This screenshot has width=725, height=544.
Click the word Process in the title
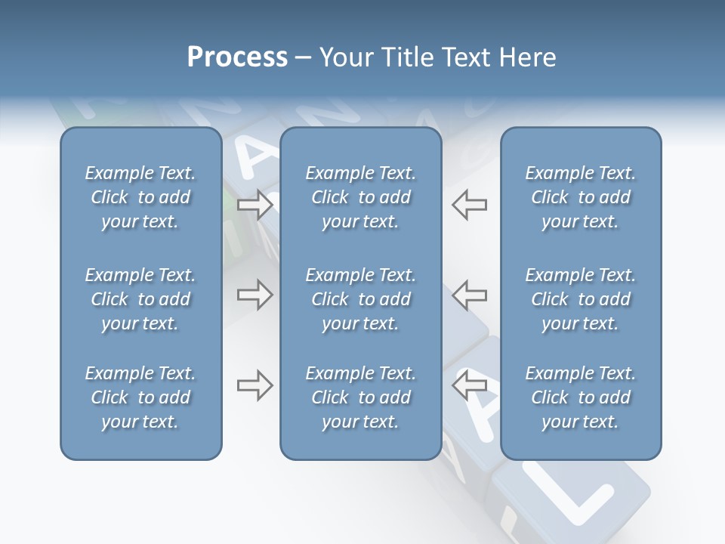pyautogui.click(x=237, y=57)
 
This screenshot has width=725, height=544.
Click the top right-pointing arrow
pyautogui.click(x=255, y=205)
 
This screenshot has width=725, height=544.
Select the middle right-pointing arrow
pyautogui.click(x=255, y=295)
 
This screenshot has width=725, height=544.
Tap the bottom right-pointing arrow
pyautogui.click(x=255, y=386)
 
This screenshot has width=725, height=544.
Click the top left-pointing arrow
pyautogui.click(x=469, y=205)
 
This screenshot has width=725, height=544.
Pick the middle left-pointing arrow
pyautogui.click(x=469, y=295)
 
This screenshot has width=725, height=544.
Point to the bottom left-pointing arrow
pyautogui.click(x=469, y=385)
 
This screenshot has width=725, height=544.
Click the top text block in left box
pyautogui.click(x=140, y=197)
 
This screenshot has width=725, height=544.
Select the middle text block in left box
pyautogui.click(x=140, y=299)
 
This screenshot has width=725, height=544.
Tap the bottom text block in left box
pyautogui.click(x=140, y=397)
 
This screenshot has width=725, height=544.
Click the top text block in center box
pyautogui.click(x=360, y=197)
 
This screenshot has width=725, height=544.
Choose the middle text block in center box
pyautogui.click(x=360, y=299)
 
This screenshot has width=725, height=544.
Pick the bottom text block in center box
pyautogui.click(x=360, y=397)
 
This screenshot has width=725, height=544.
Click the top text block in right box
pyautogui.click(x=580, y=197)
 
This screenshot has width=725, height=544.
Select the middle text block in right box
pyautogui.click(x=580, y=299)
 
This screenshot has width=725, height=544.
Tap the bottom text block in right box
pyautogui.click(x=580, y=397)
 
